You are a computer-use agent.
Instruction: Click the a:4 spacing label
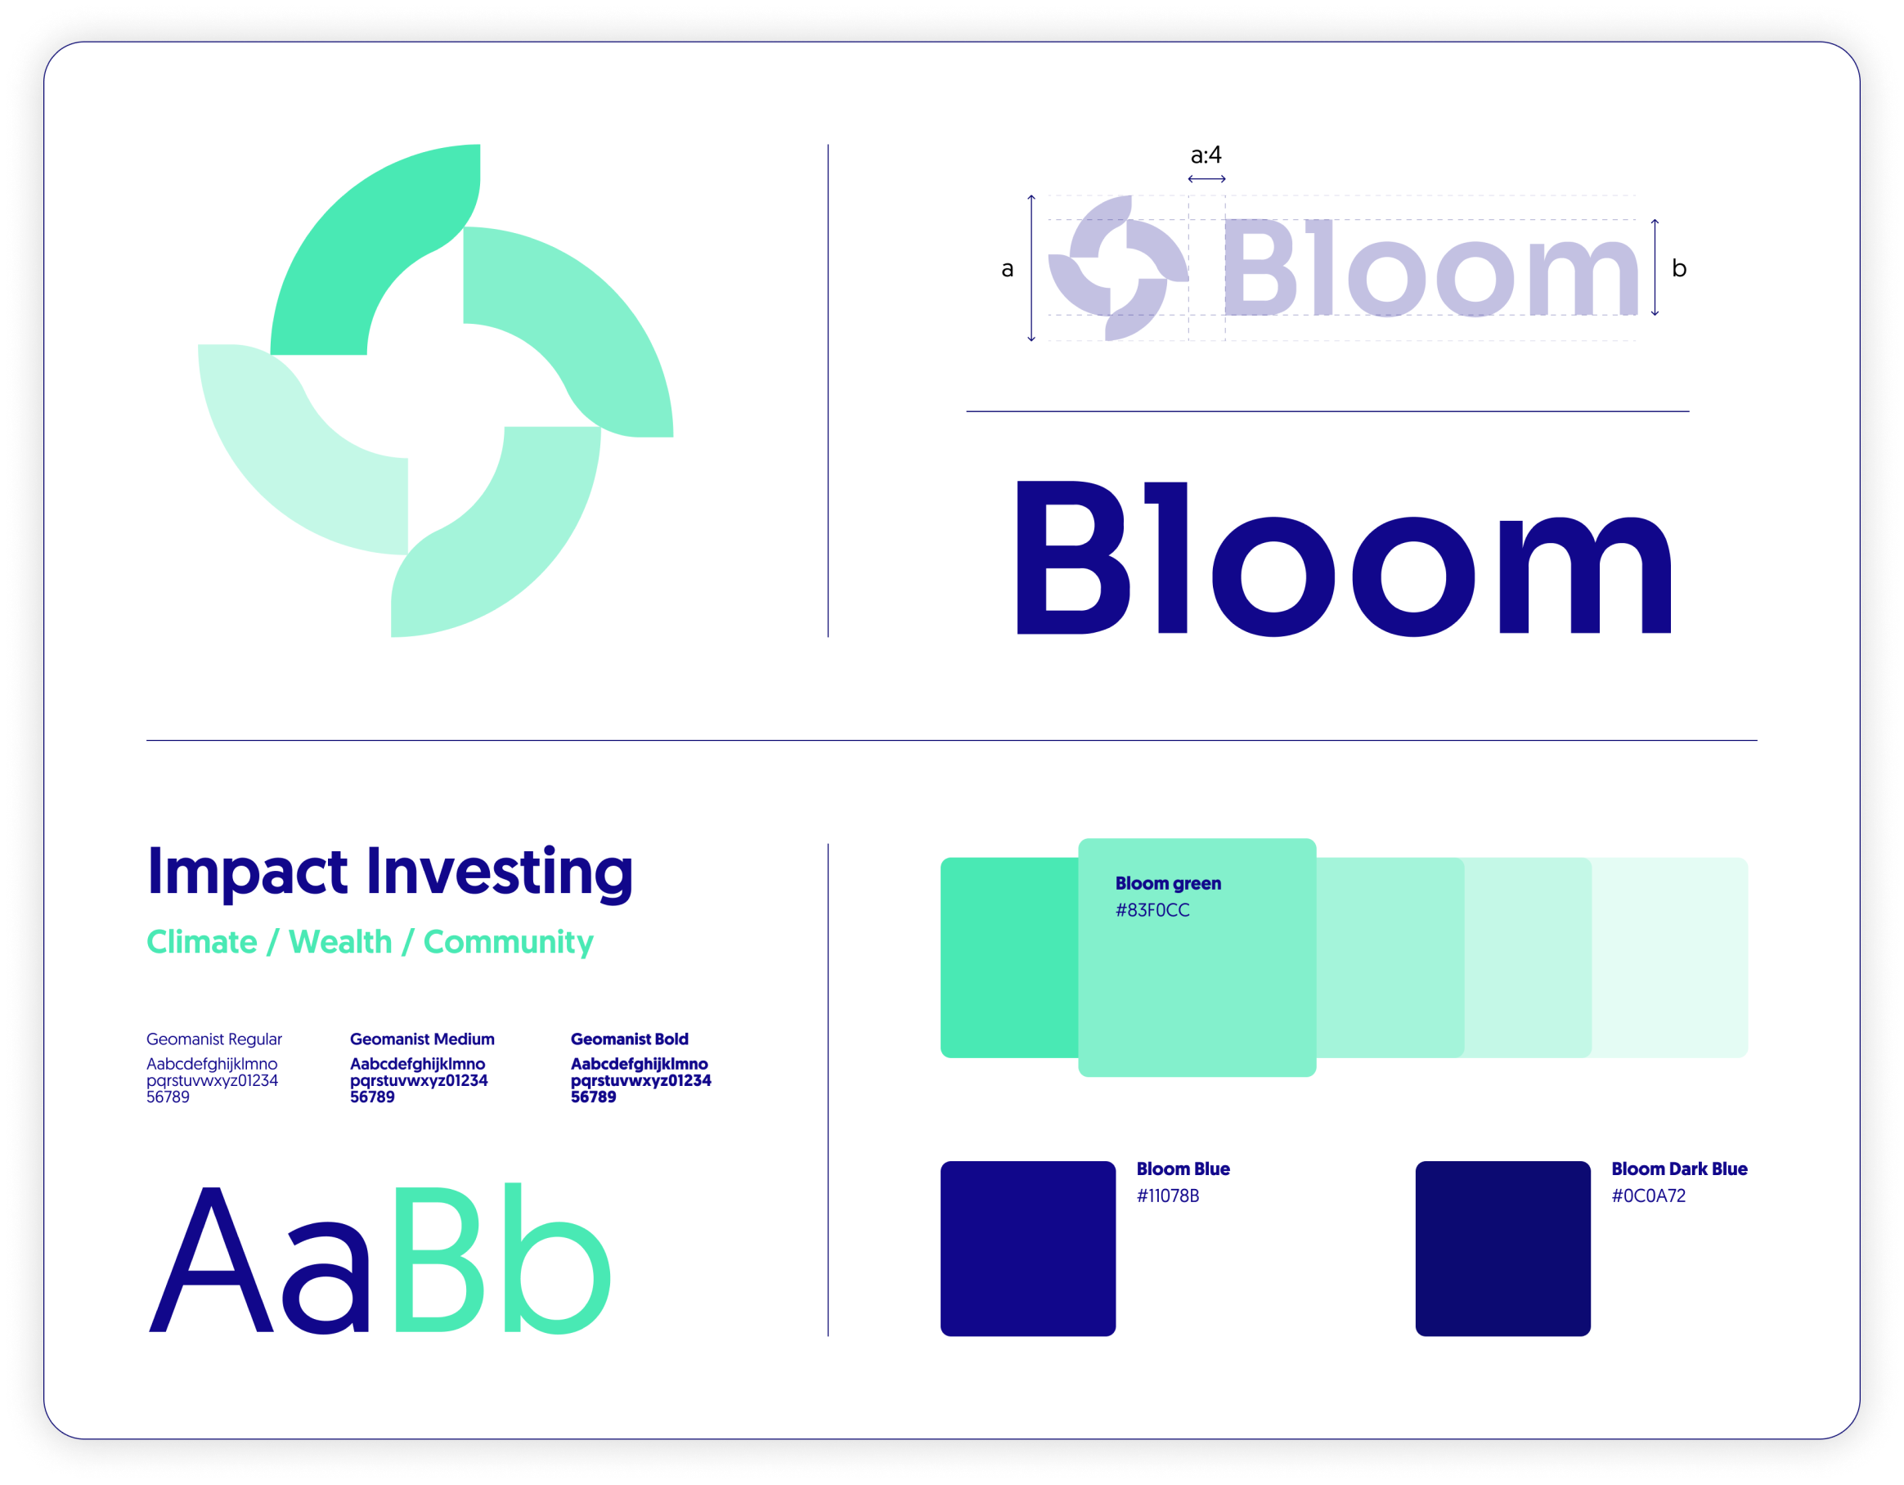coord(1206,155)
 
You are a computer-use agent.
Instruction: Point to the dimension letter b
coord(1679,267)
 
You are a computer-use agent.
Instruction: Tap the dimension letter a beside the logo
coord(1007,269)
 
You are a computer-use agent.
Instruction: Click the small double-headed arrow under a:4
coord(1206,178)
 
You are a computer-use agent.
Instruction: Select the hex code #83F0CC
coord(1152,910)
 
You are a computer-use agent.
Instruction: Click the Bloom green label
coord(1168,884)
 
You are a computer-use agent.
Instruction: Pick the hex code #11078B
coord(1167,1196)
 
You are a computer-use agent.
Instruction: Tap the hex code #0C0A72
coord(1648,1196)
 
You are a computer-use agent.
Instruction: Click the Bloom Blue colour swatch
coord(1028,1248)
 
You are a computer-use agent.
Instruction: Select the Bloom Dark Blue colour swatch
coord(1503,1248)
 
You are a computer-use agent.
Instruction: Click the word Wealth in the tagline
coord(341,942)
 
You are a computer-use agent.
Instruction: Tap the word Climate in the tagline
coord(202,942)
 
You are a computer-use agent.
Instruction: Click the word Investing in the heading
coord(500,873)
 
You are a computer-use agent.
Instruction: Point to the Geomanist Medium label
coord(422,1039)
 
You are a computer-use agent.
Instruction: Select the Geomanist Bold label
coord(630,1039)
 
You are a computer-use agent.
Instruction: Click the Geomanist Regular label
coord(214,1039)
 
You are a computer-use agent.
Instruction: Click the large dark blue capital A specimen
coord(211,1259)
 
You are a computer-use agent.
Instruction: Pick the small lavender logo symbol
coord(1119,267)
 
